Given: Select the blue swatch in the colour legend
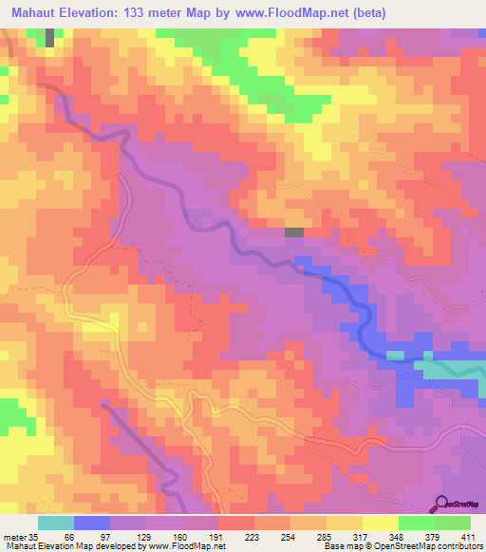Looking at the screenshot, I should (92, 523).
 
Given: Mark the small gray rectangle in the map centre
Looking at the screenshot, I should (294, 231).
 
